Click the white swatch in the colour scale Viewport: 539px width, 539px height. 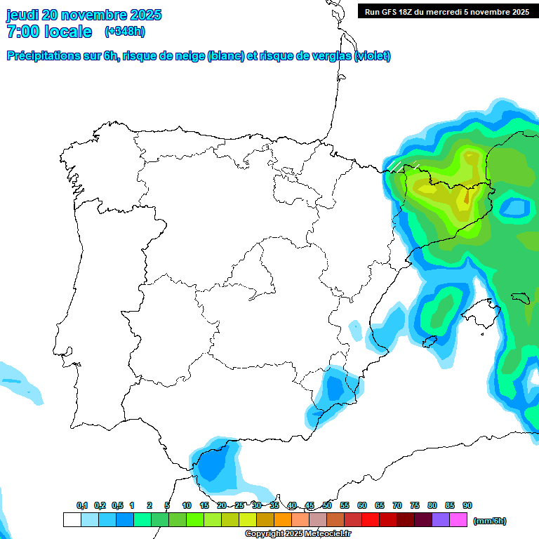[72, 519]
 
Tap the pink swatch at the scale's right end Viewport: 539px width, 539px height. [458, 519]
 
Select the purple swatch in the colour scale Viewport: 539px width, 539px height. [441, 519]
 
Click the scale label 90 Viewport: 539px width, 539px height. [467, 506]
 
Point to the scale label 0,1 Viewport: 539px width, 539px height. [82, 506]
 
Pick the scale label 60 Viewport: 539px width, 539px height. [362, 506]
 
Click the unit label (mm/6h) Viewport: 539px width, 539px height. [490, 521]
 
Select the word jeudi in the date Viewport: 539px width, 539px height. [22, 15]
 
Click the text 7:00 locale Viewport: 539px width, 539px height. [49, 32]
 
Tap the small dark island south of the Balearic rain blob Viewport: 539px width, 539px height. [427, 342]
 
